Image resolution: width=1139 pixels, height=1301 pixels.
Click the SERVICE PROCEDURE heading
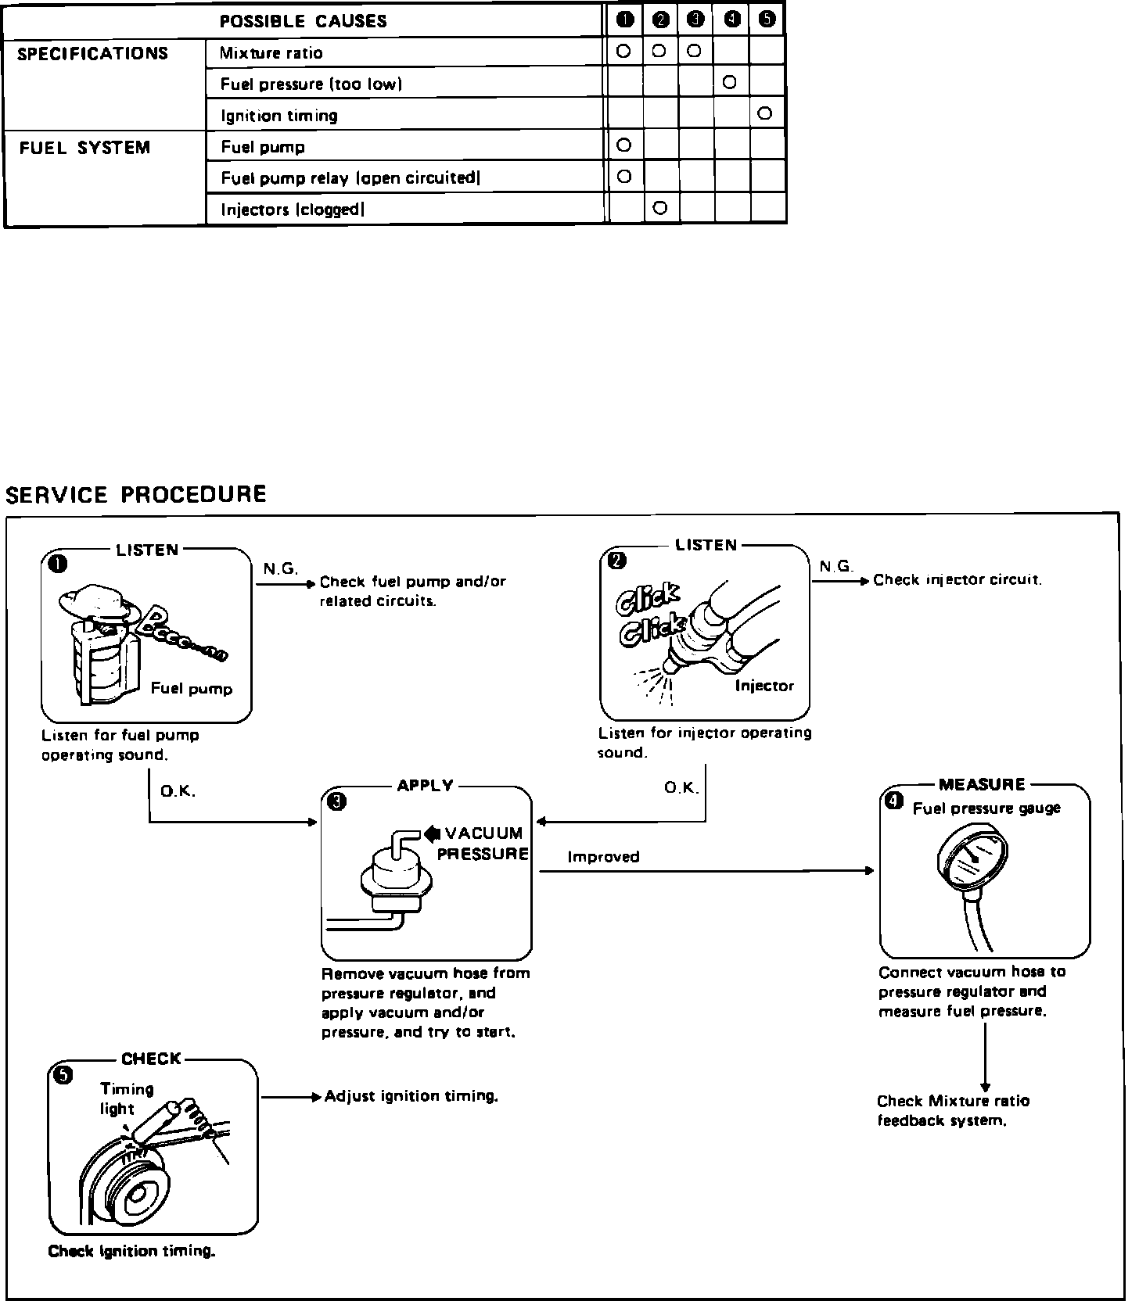(x=136, y=494)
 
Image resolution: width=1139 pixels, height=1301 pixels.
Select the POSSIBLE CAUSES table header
(x=304, y=21)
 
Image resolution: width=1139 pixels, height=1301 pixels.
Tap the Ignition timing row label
(x=279, y=116)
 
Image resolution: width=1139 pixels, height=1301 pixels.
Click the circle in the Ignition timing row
(x=765, y=113)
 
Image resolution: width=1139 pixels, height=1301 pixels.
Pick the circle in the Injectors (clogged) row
(x=659, y=208)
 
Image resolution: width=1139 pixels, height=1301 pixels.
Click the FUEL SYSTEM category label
(x=84, y=147)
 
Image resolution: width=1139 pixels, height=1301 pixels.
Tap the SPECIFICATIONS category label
(x=92, y=54)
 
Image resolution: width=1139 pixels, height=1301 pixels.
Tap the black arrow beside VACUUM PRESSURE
(x=432, y=833)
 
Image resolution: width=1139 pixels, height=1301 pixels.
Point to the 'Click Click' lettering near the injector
(x=649, y=617)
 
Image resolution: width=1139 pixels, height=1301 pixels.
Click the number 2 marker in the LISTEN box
(x=617, y=561)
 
